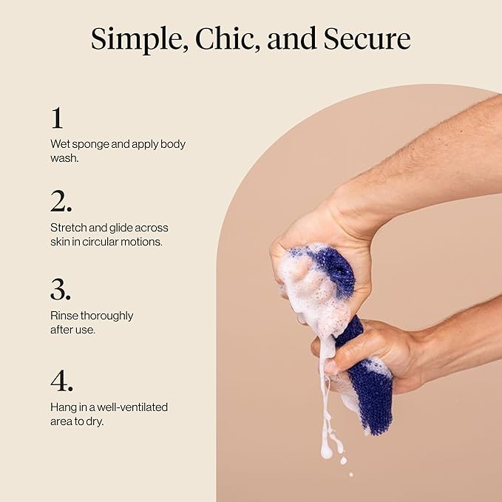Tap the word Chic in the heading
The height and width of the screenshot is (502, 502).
click(220, 38)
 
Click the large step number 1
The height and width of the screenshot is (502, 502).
click(57, 118)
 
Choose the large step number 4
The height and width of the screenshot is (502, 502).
click(61, 381)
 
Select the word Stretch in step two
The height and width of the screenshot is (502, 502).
click(68, 228)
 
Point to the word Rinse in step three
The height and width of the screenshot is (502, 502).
click(64, 316)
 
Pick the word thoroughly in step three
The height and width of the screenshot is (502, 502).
click(106, 316)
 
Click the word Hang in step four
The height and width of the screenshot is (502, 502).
click(62, 407)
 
